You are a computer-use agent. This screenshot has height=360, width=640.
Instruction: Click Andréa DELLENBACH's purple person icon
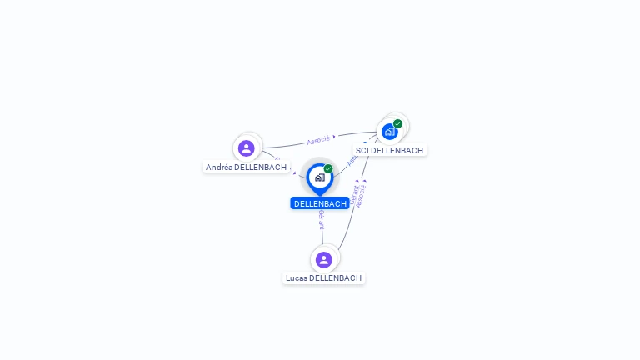pos(246,148)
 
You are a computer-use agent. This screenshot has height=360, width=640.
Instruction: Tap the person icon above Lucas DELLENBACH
pos(324,260)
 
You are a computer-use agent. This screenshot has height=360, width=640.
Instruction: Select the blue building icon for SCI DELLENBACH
pos(389,132)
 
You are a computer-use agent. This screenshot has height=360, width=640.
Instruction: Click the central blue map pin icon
pos(319,177)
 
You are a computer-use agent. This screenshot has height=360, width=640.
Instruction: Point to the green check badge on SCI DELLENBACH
pos(398,123)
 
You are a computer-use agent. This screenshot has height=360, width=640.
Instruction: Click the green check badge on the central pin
pos(328,169)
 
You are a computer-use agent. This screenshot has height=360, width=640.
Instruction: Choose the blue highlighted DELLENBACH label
pos(320,203)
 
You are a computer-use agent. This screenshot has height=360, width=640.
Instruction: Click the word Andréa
pos(219,167)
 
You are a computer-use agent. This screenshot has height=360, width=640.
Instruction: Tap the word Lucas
pos(296,278)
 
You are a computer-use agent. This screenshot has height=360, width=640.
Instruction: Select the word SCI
pos(362,151)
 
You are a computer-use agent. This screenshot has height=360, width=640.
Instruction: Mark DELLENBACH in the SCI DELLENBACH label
pos(397,151)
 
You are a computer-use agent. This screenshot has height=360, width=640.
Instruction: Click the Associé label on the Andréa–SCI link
pos(318,140)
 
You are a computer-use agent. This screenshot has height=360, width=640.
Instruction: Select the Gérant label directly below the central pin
pos(321,220)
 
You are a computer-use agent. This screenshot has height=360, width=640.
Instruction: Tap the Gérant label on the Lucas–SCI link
pos(354,196)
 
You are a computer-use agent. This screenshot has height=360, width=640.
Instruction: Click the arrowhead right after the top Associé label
pos(334,137)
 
